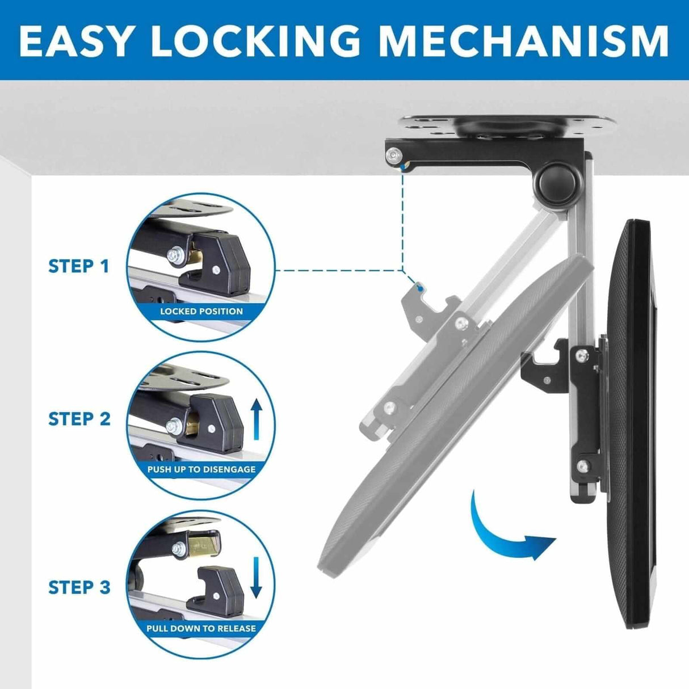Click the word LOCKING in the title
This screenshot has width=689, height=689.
pos(255,41)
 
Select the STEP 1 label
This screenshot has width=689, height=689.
pos(79,266)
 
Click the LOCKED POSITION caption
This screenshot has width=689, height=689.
pos(201,311)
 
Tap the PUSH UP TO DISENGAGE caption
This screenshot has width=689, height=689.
pos(201,469)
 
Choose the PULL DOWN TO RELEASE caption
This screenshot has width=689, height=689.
pos(201,628)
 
